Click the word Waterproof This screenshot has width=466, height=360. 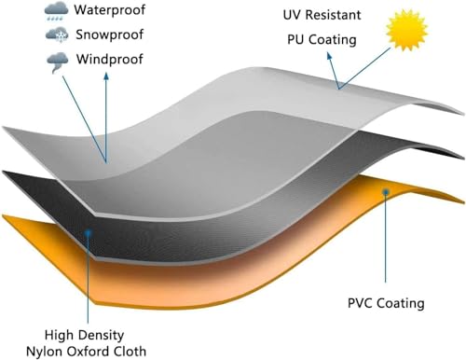click(109, 10)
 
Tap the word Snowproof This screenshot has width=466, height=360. click(110, 35)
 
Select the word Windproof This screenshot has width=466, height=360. click(110, 59)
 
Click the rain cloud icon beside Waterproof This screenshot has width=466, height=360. click(56, 10)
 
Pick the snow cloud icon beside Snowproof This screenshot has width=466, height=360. click(57, 35)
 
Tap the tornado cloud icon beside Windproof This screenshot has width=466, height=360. click(58, 62)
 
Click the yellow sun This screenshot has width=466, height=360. click(406, 30)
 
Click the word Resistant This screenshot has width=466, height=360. click(334, 15)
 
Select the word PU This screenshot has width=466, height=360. click(295, 39)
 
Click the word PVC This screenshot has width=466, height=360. click(360, 303)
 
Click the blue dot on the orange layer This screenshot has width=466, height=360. click(386, 192)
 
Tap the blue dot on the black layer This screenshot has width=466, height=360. click(89, 232)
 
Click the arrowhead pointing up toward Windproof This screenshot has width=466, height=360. click(106, 76)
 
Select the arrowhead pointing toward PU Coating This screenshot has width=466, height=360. click(329, 56)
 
